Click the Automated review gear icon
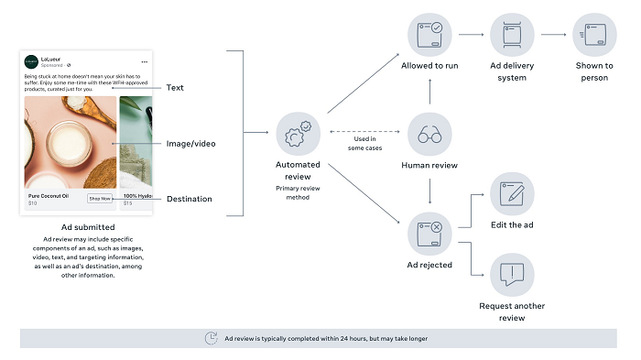298,135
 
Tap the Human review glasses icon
429,135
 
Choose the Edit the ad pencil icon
512,193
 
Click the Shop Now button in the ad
100,198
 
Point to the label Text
175,88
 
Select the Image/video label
190,144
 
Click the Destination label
189,199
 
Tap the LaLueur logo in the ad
31,62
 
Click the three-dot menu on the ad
144,61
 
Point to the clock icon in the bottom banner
212,338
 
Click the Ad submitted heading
82,226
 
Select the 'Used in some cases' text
364,144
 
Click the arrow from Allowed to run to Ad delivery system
471,36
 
